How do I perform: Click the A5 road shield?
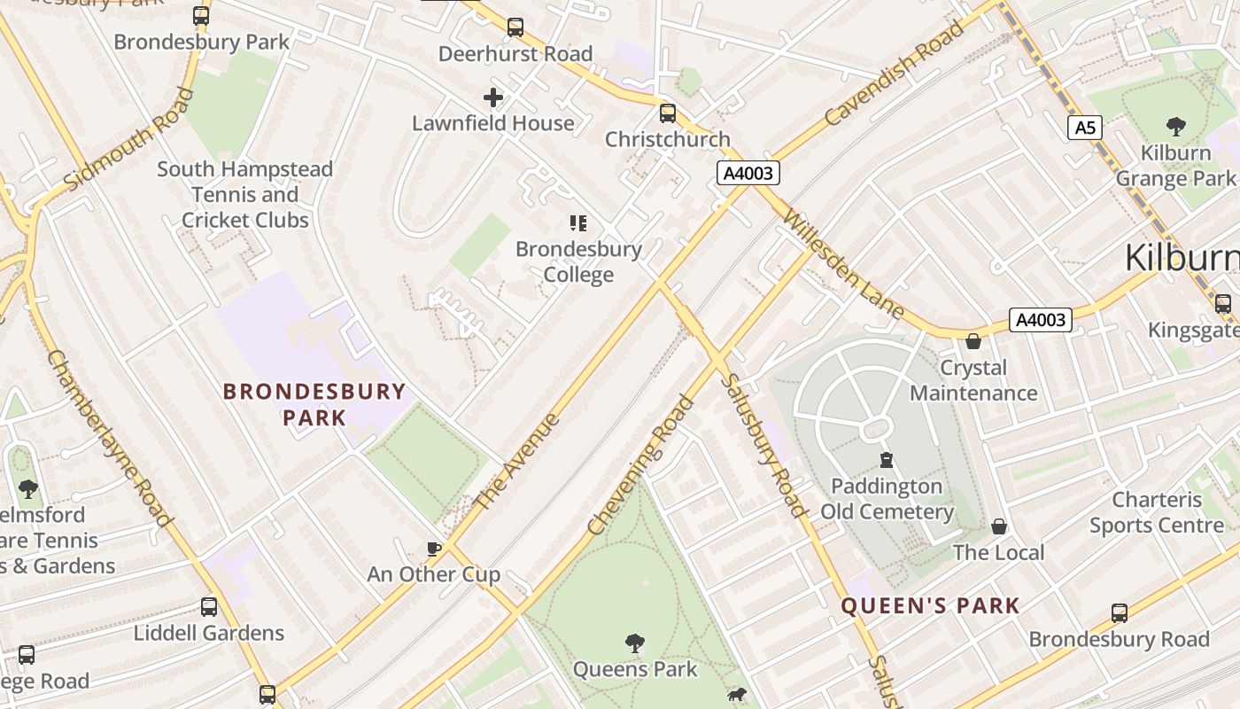(1085, 128)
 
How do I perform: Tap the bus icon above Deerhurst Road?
(515, 27)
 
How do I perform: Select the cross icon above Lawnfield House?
(493, 97)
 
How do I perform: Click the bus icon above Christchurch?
(668, 113)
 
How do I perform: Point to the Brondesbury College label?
(578, 261)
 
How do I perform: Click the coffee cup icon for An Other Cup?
(434, 549)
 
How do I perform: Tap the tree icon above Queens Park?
(634, 643)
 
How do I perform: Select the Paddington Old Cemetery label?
(887, 499)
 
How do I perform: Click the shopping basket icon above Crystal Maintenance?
(973, 341)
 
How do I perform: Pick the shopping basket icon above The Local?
(999, 526)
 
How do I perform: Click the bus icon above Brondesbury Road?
(1120, 613)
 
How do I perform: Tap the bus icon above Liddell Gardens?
(209, 607)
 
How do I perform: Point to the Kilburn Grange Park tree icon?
(1176, 127)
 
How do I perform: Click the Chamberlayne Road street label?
(108, 438)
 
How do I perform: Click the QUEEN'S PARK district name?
(930, 606)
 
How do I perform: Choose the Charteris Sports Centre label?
(1157, 512)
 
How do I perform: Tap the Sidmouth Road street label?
(128, 139)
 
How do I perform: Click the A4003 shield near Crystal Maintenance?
(1041, 320)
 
